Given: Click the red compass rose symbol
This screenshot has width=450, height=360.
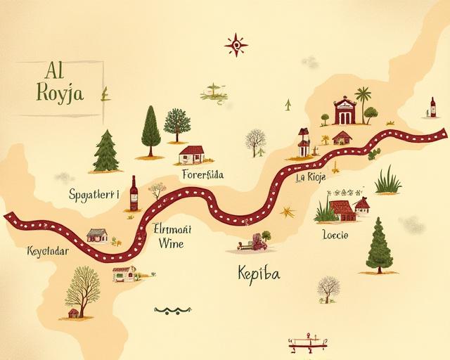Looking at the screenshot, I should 236,46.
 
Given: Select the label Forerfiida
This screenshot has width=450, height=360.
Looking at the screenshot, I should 202,174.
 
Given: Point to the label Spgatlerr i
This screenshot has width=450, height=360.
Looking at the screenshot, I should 94,194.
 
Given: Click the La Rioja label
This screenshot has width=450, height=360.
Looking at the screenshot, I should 310,177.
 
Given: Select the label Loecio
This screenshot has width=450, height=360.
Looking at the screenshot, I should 334,234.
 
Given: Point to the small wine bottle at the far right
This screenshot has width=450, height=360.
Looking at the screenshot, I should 432,107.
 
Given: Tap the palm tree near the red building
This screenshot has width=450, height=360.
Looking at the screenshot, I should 364,102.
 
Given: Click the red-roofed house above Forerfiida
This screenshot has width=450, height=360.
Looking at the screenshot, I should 192,153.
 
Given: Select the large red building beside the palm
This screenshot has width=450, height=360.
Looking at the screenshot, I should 344,111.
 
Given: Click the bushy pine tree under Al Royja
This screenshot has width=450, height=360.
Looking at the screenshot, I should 105,150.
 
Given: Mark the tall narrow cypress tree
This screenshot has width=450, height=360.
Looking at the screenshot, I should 150,130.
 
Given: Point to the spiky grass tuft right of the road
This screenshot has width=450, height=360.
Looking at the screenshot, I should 387,181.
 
